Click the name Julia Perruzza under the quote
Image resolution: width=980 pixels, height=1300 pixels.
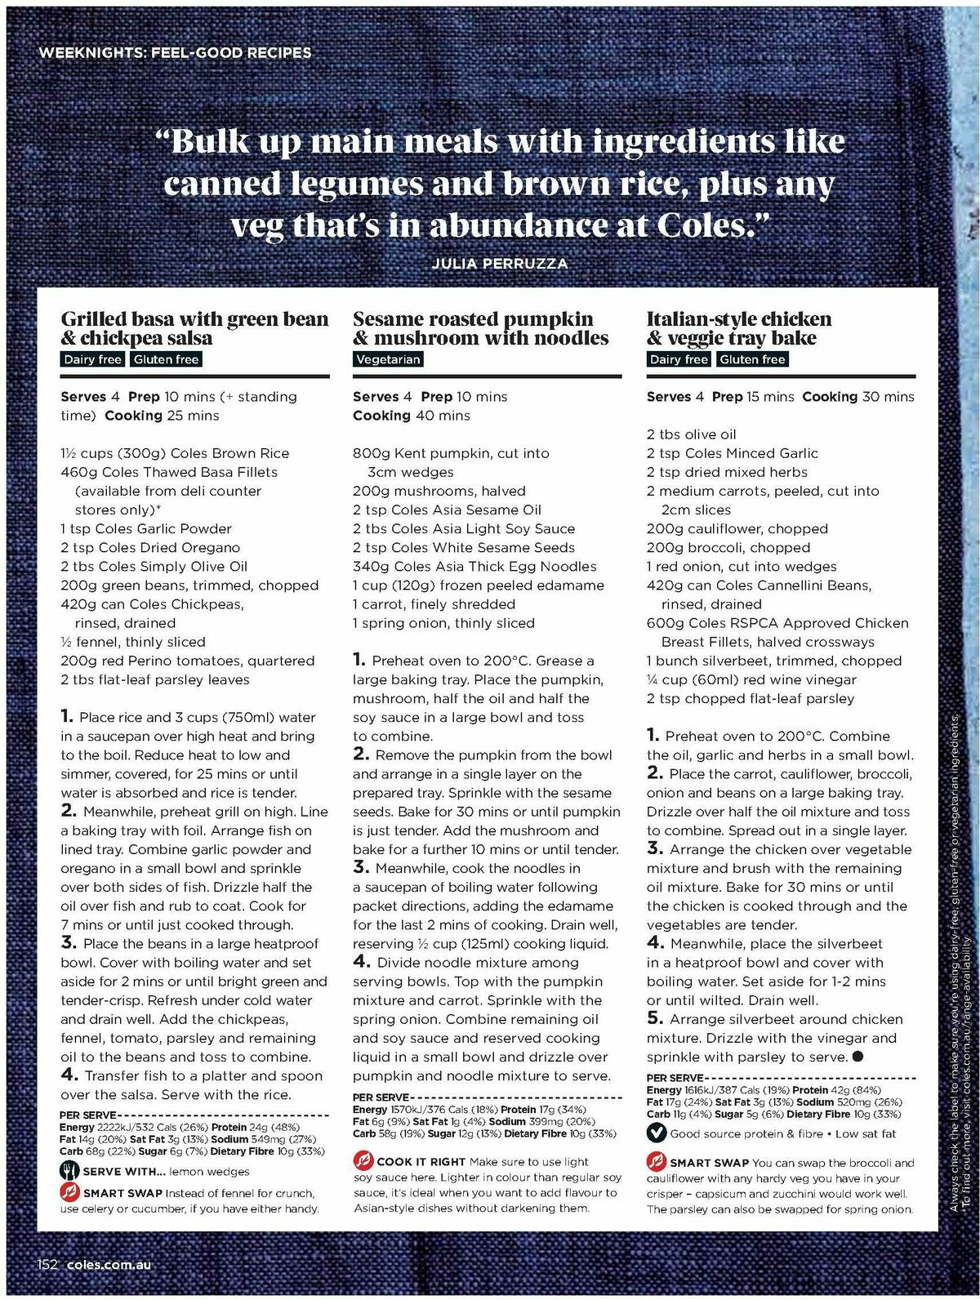pyautogui.click(x=499, y=264)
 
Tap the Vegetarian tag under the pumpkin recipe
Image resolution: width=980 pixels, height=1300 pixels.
pyautogui.click(x=388, y=359)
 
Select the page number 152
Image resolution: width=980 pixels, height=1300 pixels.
pyautogui.click(x=47, y=1264)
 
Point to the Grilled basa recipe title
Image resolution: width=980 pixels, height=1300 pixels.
pyautogui.click(x=194, y=328)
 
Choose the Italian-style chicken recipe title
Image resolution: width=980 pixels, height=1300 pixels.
pyautogui.click(x=739, y=328)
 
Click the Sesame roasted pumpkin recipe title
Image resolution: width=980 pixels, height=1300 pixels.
pyautogui.click(x=480, y=328)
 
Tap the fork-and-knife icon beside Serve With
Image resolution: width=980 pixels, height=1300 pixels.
pyautogui.click(x=69, y=1171)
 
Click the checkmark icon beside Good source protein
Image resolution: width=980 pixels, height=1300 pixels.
pyautogui.click(x=656, y=1133)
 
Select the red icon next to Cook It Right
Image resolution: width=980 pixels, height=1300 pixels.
pyautogui.click(x=363, y=1160)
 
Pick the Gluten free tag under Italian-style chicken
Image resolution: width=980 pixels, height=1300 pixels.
pyautogui.click(x=752, y=359)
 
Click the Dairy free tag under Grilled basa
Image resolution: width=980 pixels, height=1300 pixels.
pyautogui.click(x=92, y=359)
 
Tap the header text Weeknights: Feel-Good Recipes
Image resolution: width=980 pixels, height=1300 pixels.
pyautogui.click(x=175, y=53)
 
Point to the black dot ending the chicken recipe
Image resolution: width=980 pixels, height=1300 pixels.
pyautogui.click(x=857, y=1057)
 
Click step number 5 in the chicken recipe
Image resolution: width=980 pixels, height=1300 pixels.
pyautogui.click(x=654, y=1018)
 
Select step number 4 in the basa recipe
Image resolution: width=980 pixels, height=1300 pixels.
pyautogui.click(x=69, y=1075)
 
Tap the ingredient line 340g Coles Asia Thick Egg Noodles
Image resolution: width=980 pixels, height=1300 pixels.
pyautogui.click(x=474, y=566)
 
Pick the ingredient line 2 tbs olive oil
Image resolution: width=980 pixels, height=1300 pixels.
pyautogui.click(x=691, y=434)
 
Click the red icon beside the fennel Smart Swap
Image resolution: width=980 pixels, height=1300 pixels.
pyautogui.click(x=69, y=1192)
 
